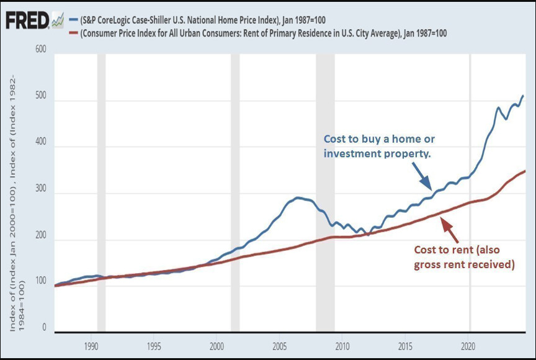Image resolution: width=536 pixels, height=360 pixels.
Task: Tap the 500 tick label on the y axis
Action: click(40, 101)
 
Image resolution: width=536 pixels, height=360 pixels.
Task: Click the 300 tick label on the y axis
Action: click(40, 193)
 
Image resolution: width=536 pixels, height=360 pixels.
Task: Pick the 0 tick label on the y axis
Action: click(44, 328)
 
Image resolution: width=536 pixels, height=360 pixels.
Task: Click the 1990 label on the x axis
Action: click(91, 346)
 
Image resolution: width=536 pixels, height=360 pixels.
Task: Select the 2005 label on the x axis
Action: click(280, 346)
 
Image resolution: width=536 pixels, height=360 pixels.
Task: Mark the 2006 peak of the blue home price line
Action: click(298, 197)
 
